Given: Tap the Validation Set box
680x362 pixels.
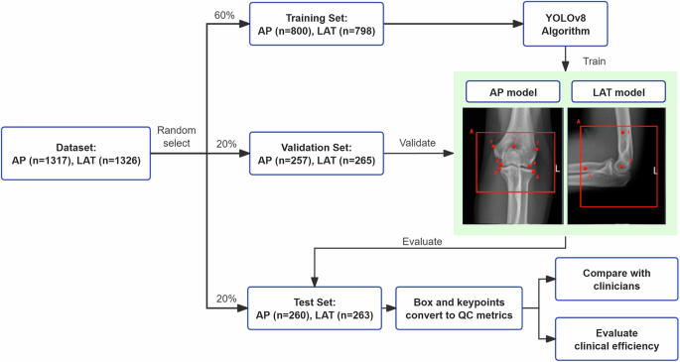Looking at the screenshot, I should click(x=312, y=154).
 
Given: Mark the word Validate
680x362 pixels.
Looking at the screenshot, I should click(x=419, y=143).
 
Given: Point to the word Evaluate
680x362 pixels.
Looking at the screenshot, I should click(x=424, y=240).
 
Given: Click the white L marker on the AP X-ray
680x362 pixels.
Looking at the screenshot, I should click(x=557, y=169).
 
